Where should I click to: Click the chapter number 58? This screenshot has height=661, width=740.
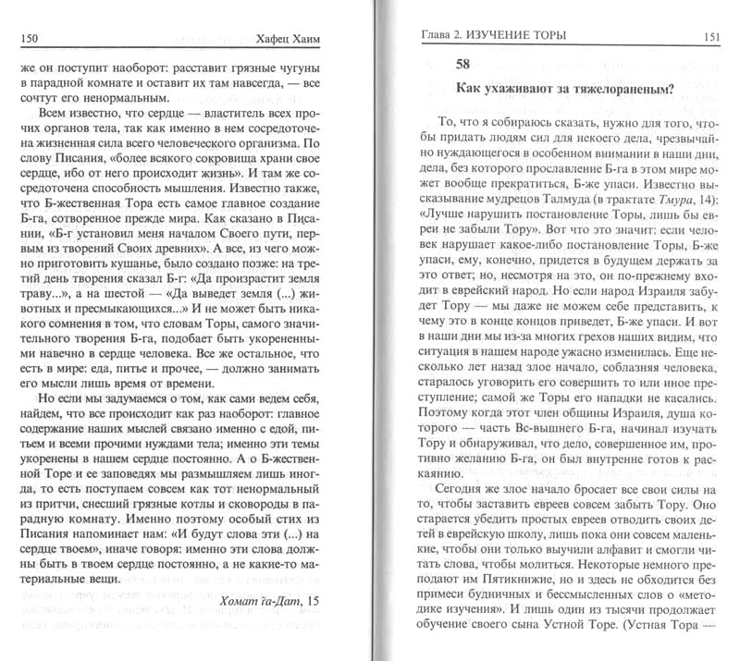pos(466,65)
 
